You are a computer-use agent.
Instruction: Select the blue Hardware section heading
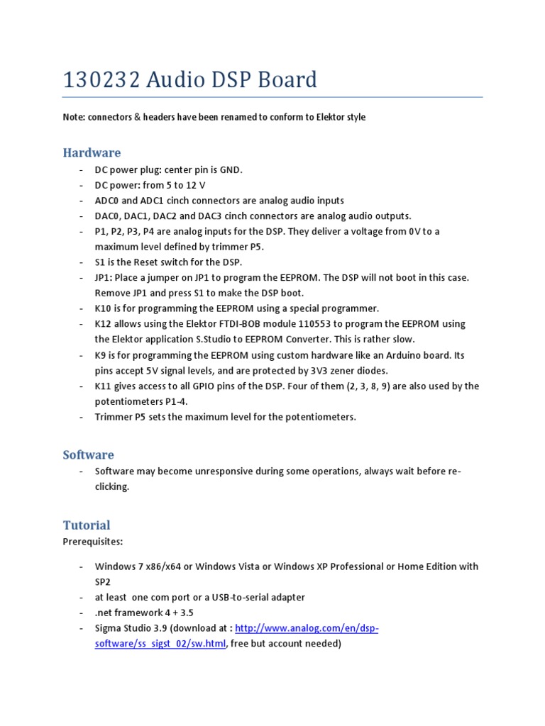click(x=92, y=152)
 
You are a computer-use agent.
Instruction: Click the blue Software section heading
click(x=88, y=454)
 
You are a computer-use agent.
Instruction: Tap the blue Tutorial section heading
click(x=87, y=525)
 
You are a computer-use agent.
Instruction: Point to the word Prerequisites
click(x=92, y=541)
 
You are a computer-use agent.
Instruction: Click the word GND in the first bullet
click(x=231, y=170)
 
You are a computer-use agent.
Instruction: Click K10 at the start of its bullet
click(x=104, y=308)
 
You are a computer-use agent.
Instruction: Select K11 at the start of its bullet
click(x=104, y=386)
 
